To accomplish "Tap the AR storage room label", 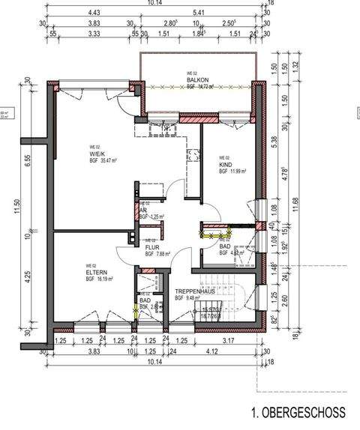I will click(142, 210).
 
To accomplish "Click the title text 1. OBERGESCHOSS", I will click(298, 411).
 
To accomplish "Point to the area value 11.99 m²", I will click(241, 172).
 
